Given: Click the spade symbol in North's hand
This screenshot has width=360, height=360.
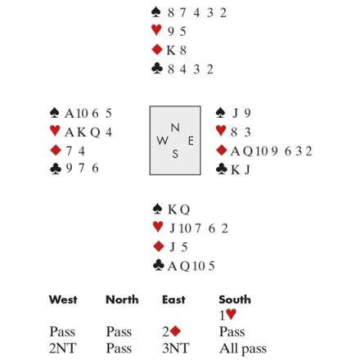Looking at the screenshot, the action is pos(155,12).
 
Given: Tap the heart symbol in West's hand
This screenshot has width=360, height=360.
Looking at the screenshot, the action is pos(55,131).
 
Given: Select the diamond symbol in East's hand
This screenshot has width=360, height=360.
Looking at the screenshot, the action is pos(221,151).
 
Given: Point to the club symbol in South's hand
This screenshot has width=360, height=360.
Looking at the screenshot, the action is pos(159,265).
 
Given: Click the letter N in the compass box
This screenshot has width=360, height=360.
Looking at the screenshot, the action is pos(175,128).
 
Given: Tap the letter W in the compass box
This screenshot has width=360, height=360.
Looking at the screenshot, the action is pos(162,141).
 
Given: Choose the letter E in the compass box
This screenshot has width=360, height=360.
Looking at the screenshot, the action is pos(191,141).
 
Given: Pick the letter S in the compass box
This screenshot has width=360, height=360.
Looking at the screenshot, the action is pos(175,154).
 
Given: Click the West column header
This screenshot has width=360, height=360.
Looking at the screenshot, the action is pos(63,299).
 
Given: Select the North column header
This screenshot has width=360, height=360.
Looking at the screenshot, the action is pos(122,299).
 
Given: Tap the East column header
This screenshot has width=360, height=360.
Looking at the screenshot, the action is pos(173,299).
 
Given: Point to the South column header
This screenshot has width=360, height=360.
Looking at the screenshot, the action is pos(235,299).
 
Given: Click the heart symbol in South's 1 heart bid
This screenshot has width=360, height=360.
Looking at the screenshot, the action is pos(231,314).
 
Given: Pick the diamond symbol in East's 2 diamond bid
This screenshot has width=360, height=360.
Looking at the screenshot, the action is pos(175,331).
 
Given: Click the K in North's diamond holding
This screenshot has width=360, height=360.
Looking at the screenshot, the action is pos(171,51).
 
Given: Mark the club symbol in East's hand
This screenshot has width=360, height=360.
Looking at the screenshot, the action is pos(221,169).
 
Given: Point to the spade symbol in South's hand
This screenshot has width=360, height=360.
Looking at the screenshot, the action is pos(157,209).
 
